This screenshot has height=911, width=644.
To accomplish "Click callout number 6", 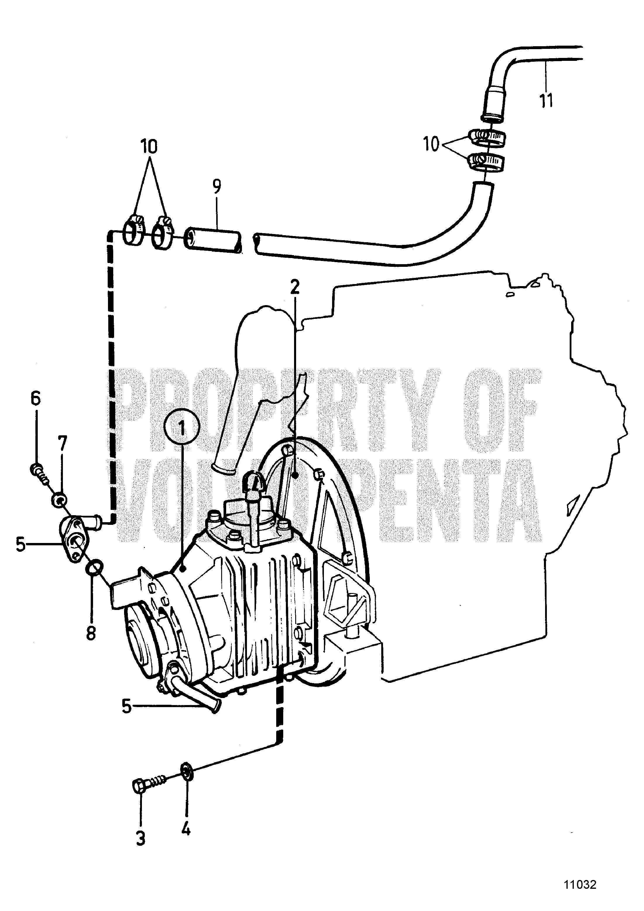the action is (x=36, y=398).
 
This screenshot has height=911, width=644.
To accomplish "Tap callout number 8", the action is (x=91, y=632).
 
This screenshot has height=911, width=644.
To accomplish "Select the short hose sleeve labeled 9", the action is (x=213, y=239).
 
